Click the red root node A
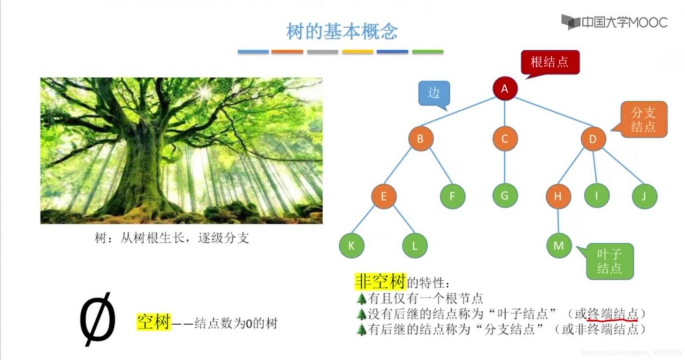(x=505, y=89)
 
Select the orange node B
(x=421, y=140)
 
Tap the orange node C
(x=505, y=140)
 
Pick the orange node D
(x=593, y=140)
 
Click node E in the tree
(x=384, y=196)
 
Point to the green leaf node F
(x=452, y=196)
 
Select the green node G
(x=505, y=196)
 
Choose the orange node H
(x=558, y=196)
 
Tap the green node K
(x=352, y=246)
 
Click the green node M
(x=559, y=246)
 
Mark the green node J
(x=644, y=196)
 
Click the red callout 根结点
(x=550, y=62)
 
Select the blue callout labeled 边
(x=434, y=93)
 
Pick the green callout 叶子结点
(x=610, y=261)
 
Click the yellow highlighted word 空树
(x=153, y=322)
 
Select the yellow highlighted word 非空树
(x=380, y=281)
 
